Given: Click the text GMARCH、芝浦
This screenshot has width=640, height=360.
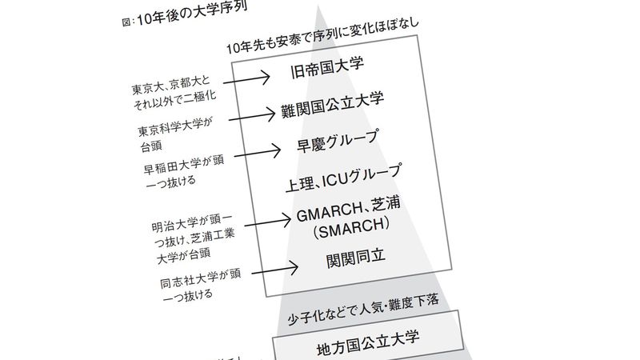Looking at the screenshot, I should tap(348, 211).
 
